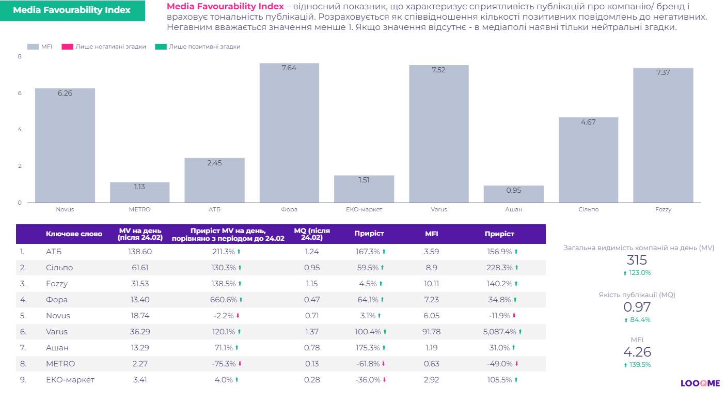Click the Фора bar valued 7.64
[289, 133]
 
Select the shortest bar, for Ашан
[513, 194]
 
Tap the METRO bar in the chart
[139, 192]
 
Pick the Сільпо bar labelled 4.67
[588, 160]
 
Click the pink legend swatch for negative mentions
[67, 47]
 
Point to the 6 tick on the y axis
[20, 93]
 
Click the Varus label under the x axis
[438, 210]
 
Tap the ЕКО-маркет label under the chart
[364, 210]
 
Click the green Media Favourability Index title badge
[72, 10]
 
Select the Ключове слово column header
[74, 234]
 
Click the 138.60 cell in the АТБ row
[140, 252]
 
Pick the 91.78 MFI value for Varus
[431, 332]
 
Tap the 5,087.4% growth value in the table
[499, 332]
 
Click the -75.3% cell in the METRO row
[224, 364]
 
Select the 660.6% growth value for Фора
[224, 300]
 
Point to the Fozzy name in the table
[57, 284]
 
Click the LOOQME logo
[700, 383]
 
